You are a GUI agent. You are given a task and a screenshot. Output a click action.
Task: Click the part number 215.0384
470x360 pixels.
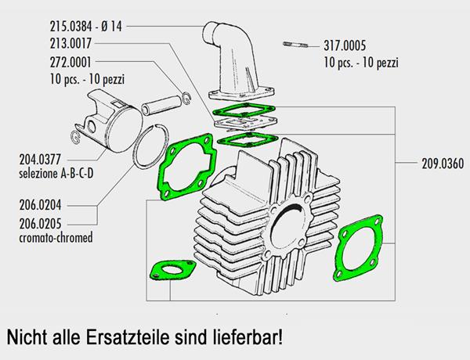coord(70,27)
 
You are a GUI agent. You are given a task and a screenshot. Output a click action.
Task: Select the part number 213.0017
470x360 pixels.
coord(70,43)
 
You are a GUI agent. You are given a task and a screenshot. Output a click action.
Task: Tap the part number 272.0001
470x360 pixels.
coord(70,63)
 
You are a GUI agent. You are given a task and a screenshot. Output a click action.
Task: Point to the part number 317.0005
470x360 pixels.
coord(345,46)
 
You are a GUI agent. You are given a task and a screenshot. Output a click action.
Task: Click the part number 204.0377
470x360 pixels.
coord(40,160)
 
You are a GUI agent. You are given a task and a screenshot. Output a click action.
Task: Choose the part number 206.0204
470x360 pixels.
coord(40,205)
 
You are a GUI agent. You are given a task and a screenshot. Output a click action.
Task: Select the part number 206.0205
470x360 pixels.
coord(40,224)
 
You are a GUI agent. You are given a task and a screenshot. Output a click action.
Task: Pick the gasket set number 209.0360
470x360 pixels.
coord(443,164)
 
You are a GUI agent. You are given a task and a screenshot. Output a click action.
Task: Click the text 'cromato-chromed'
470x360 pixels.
coord(56,238)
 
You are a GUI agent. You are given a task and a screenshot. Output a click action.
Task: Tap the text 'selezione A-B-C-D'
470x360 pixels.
coord(56,174)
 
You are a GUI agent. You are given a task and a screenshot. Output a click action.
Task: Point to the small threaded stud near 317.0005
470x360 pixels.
coord(295,45)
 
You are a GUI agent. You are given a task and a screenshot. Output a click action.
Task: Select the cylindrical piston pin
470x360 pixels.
coord(161,105)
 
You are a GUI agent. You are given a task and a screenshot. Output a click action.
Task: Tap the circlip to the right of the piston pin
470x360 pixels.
coord(186,98)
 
